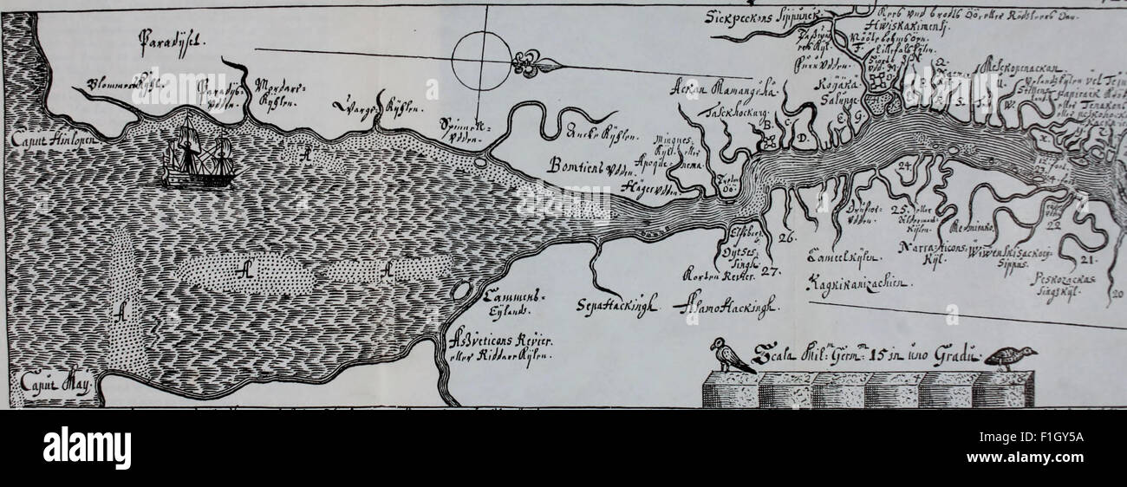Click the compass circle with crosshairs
484,60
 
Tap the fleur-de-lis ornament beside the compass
529,62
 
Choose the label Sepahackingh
616,305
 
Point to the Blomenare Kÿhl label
120,85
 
